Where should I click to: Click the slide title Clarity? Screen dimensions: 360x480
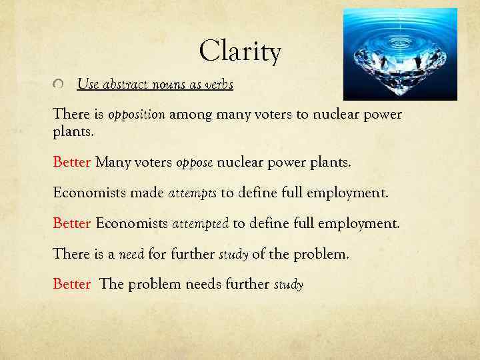pos(240,51)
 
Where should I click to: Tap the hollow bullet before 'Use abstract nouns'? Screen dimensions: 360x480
pos(59,85)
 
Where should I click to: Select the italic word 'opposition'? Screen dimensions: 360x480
pos(136,115)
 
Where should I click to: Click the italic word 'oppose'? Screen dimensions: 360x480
pos(193,162)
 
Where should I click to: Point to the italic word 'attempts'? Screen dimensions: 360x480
pos(192,193)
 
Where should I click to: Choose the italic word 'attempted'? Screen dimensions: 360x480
pos(200,223)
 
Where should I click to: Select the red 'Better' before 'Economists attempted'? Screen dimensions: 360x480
pos(71,223)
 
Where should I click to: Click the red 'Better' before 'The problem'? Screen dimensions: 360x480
pos(71,285)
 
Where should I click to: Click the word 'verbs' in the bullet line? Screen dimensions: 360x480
pos(218,85)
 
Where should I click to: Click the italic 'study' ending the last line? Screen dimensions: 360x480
pos(289,285)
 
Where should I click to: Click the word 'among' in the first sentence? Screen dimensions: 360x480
pos(189,115)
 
